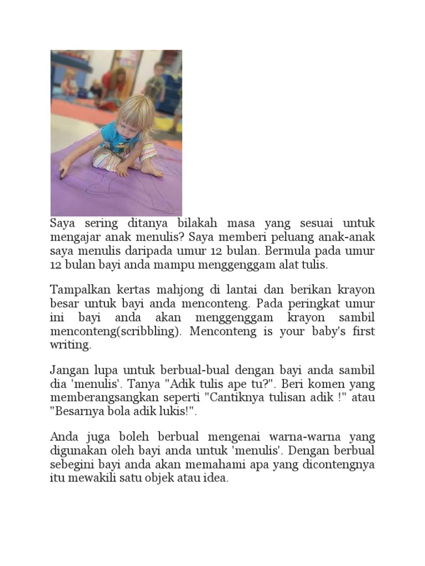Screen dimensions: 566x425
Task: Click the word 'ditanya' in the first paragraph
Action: tap(147, 224)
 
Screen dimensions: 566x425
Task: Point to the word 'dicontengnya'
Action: tap(339, 464)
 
